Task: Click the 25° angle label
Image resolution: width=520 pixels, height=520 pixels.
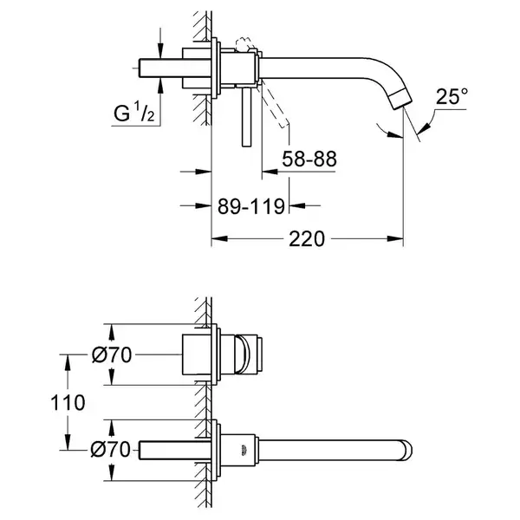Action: pyautogui.click(x=452, y=96)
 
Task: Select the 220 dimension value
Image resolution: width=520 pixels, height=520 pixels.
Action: pyautogui.click(x=307, y=239)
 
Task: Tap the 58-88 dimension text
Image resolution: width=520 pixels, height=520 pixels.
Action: pyautogui.click(x=309, y=159)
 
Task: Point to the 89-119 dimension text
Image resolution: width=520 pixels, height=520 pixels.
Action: pyautogui.click(x=251, y=206)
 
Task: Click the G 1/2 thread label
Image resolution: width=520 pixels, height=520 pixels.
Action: pyautogui.click(x=134, y=113)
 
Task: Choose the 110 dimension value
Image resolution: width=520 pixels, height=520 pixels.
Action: pyautogui.click(x=68, y=403)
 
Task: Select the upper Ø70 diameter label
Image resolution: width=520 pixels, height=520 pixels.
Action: pyautogui.click(x=112, y=354)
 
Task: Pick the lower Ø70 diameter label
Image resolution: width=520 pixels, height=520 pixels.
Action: pyautogui.click(x=111, y=450)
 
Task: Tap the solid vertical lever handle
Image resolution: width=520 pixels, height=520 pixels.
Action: pyautogui.click(x=246, y=117)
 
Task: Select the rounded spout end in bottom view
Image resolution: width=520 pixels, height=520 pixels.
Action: pyautogui.click(x=406, y=451)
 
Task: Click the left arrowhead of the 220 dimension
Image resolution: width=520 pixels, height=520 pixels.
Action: pyautogui.click(x=219, y=238)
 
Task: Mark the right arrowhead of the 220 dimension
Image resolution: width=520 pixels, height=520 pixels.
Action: pyautogui.click(x=395, y=238)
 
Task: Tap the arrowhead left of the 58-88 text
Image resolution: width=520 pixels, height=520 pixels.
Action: pyautogui.click(x=270, y=172)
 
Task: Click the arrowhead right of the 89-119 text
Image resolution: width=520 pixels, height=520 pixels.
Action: pyautogui.click(x=297, y=205)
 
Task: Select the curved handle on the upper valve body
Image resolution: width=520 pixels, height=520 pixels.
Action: pyautogui.click(x=242, y=354)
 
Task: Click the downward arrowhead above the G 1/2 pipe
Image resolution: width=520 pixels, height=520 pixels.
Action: pyautogui.click(x=160, y=51)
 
